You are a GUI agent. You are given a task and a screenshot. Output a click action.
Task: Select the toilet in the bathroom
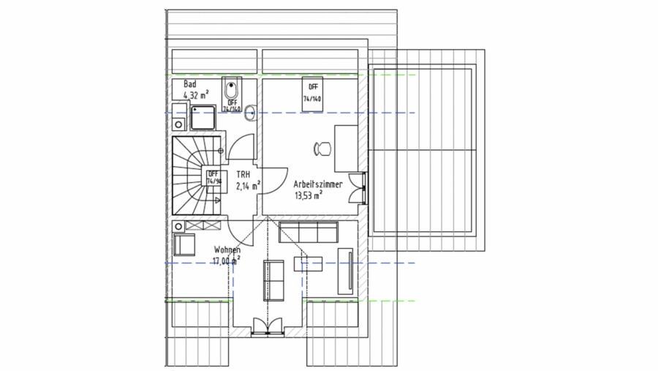[232, 91]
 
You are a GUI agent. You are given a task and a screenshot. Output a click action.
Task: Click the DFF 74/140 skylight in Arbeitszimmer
[313, 92]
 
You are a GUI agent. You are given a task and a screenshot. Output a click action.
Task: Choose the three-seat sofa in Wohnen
[308, 233]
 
